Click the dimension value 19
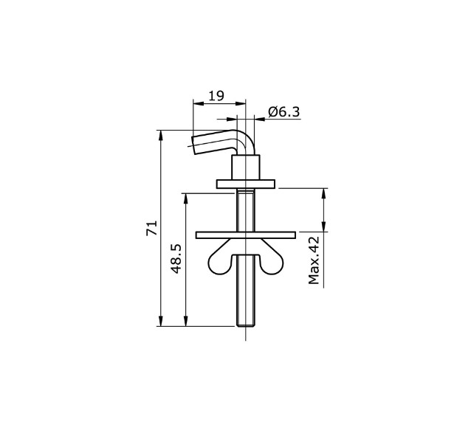(216, 95)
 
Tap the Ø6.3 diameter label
(284, 111)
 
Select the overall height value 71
(151, 227)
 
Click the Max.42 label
(314, 260)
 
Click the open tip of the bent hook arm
(195, 142)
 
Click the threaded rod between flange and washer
(245, 210)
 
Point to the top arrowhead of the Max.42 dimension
(323, 193)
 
